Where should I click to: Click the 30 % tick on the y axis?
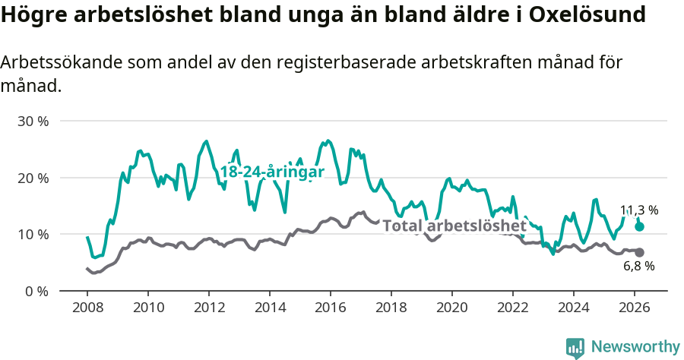click(32, 122)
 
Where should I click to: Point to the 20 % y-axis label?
click(32, 178)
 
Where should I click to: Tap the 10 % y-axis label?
click(32, 234)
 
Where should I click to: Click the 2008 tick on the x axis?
click(87, 308)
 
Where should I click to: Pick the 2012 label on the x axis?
click(209, 308)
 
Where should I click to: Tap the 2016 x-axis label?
click(331, 308)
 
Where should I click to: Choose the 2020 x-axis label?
click(452, 308)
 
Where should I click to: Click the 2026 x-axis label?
click(635, 308)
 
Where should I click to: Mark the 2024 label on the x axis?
click(574, 308)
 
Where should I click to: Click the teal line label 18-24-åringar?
click(272, 172)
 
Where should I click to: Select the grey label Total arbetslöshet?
click(454, 226)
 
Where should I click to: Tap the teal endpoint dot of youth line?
click(639, 226)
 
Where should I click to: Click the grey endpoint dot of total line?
click(639, 252)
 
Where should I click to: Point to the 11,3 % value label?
click(639, 210)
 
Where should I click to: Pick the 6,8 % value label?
click(639, 267)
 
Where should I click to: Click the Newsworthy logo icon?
click(575, 347)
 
